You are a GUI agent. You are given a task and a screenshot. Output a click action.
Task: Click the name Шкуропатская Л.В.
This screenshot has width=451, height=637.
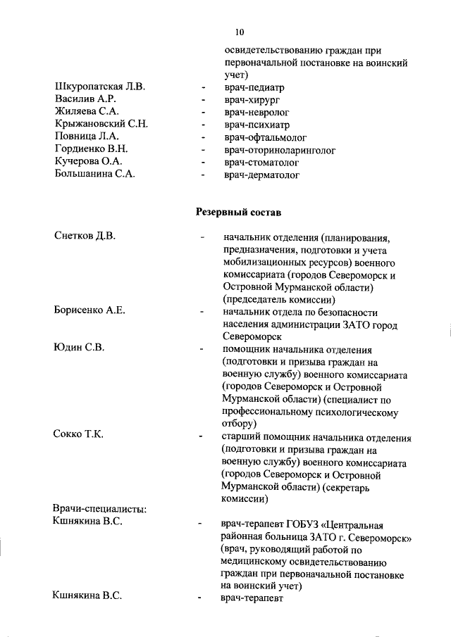pyautogui.click(x=99, y=87)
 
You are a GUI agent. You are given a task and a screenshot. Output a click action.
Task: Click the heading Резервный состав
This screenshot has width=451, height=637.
pyautogui.click(x=239, y=210)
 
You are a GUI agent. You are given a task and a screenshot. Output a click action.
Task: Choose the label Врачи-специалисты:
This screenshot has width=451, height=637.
pyautogui.click(x=99, y=509)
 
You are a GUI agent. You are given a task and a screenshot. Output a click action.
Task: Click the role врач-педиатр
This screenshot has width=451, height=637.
pyautogui.click(x=254, y=87)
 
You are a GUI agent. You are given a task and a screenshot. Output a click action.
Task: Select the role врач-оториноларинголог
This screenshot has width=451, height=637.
pyautogui.click(x=279, y=149)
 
